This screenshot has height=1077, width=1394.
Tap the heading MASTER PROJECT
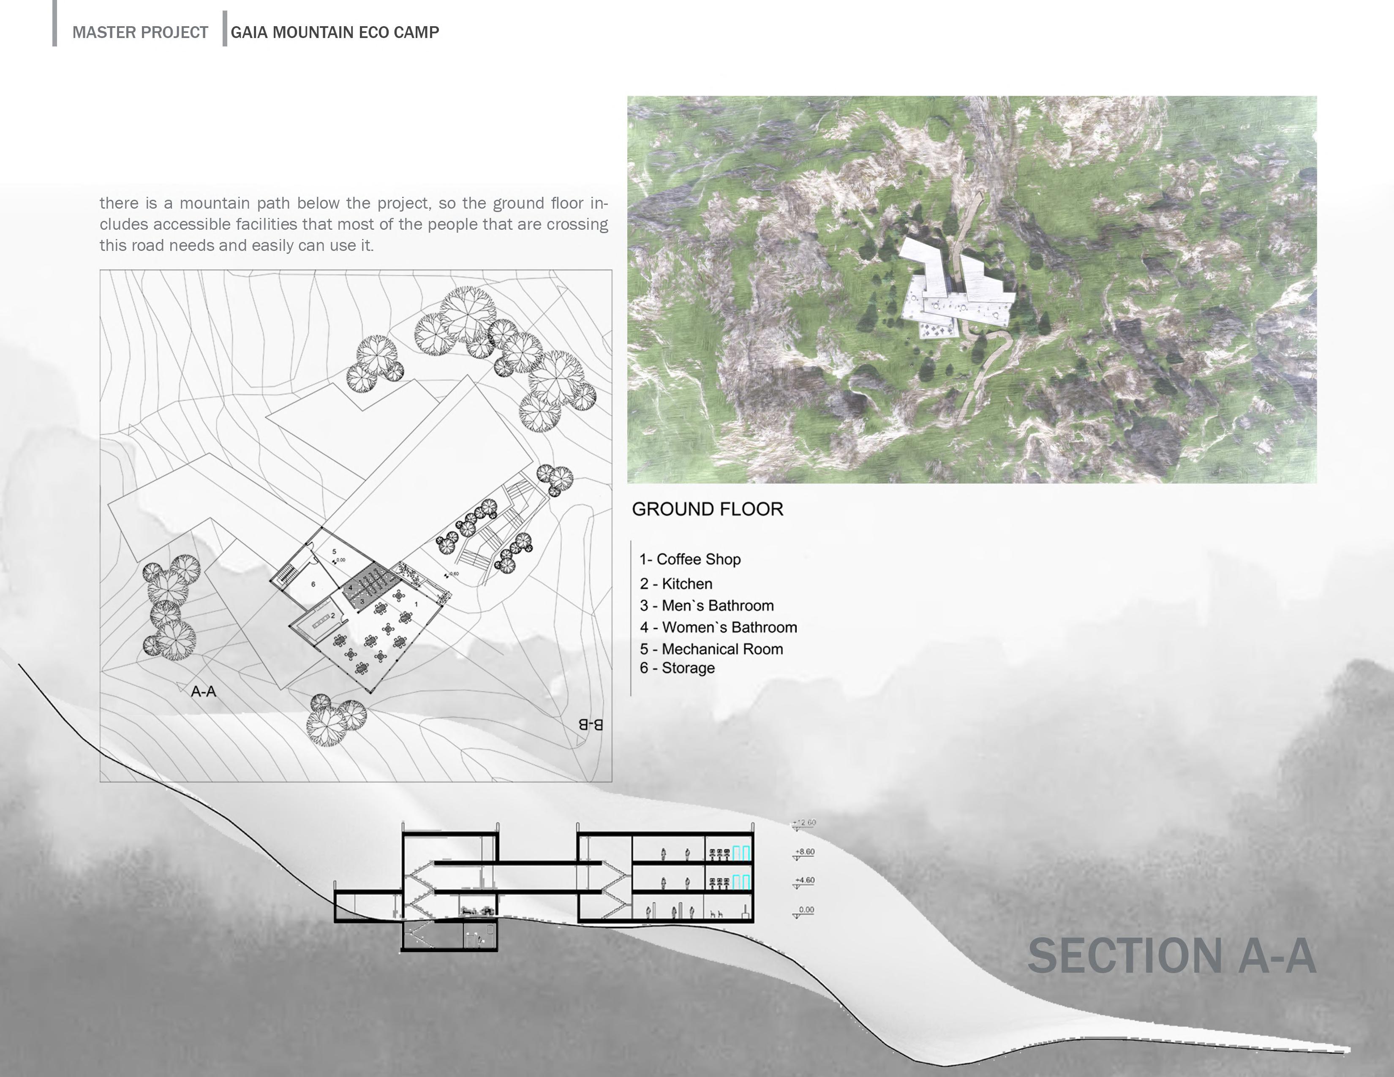click(x=140, y=33)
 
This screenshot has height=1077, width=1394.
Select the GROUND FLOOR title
click(x=707, y=509)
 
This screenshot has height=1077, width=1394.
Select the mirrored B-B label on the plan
click(x=591, y=725)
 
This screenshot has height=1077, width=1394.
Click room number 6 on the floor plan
click(x=313, y=584)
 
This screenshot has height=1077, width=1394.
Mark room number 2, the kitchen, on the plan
click(x=332, y=615)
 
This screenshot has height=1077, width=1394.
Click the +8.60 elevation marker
click(x=804, y=852)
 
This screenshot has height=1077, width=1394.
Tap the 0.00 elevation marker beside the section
click(x=806, y=910)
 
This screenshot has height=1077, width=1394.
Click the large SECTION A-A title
click(x=1171, y=956)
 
